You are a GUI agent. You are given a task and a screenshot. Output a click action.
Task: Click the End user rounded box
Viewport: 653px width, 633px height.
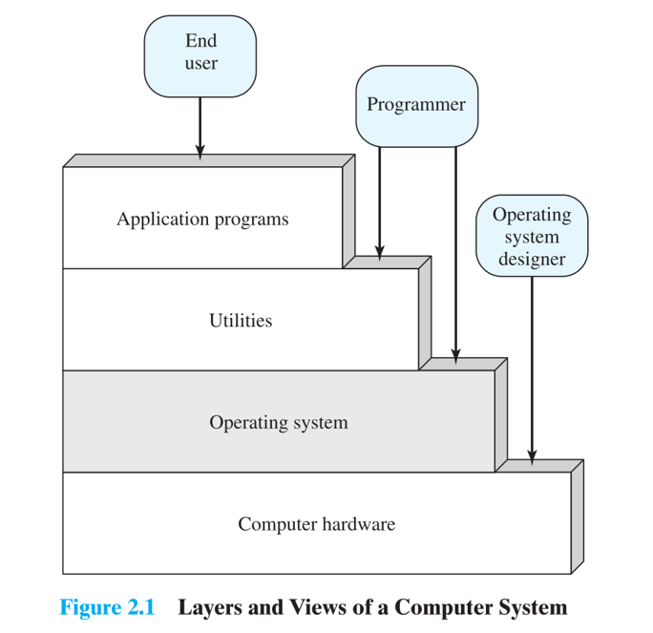200,55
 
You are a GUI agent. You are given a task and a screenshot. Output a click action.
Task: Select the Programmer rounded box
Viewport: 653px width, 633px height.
416,105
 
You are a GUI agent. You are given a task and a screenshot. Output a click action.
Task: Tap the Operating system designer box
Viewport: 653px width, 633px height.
532,237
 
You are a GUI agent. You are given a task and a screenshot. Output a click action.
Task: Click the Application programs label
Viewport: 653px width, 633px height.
202,220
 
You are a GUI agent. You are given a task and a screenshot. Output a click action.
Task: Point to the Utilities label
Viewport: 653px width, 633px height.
241,321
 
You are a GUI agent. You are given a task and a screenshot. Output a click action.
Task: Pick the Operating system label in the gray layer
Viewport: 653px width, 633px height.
279,422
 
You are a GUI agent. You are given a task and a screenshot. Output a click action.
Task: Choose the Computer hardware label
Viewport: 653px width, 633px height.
316,524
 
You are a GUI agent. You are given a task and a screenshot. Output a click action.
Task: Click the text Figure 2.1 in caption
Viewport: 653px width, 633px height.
107,607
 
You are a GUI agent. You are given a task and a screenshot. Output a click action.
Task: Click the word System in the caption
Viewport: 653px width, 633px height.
532,608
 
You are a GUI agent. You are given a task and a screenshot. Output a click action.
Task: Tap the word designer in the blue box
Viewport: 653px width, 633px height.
532,260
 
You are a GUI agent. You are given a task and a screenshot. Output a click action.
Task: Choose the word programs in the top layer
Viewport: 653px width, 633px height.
252,221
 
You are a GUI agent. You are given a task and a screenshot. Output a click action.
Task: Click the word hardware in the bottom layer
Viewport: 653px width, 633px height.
358,524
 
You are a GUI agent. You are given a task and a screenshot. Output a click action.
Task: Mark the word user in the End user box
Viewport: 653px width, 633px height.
200,65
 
